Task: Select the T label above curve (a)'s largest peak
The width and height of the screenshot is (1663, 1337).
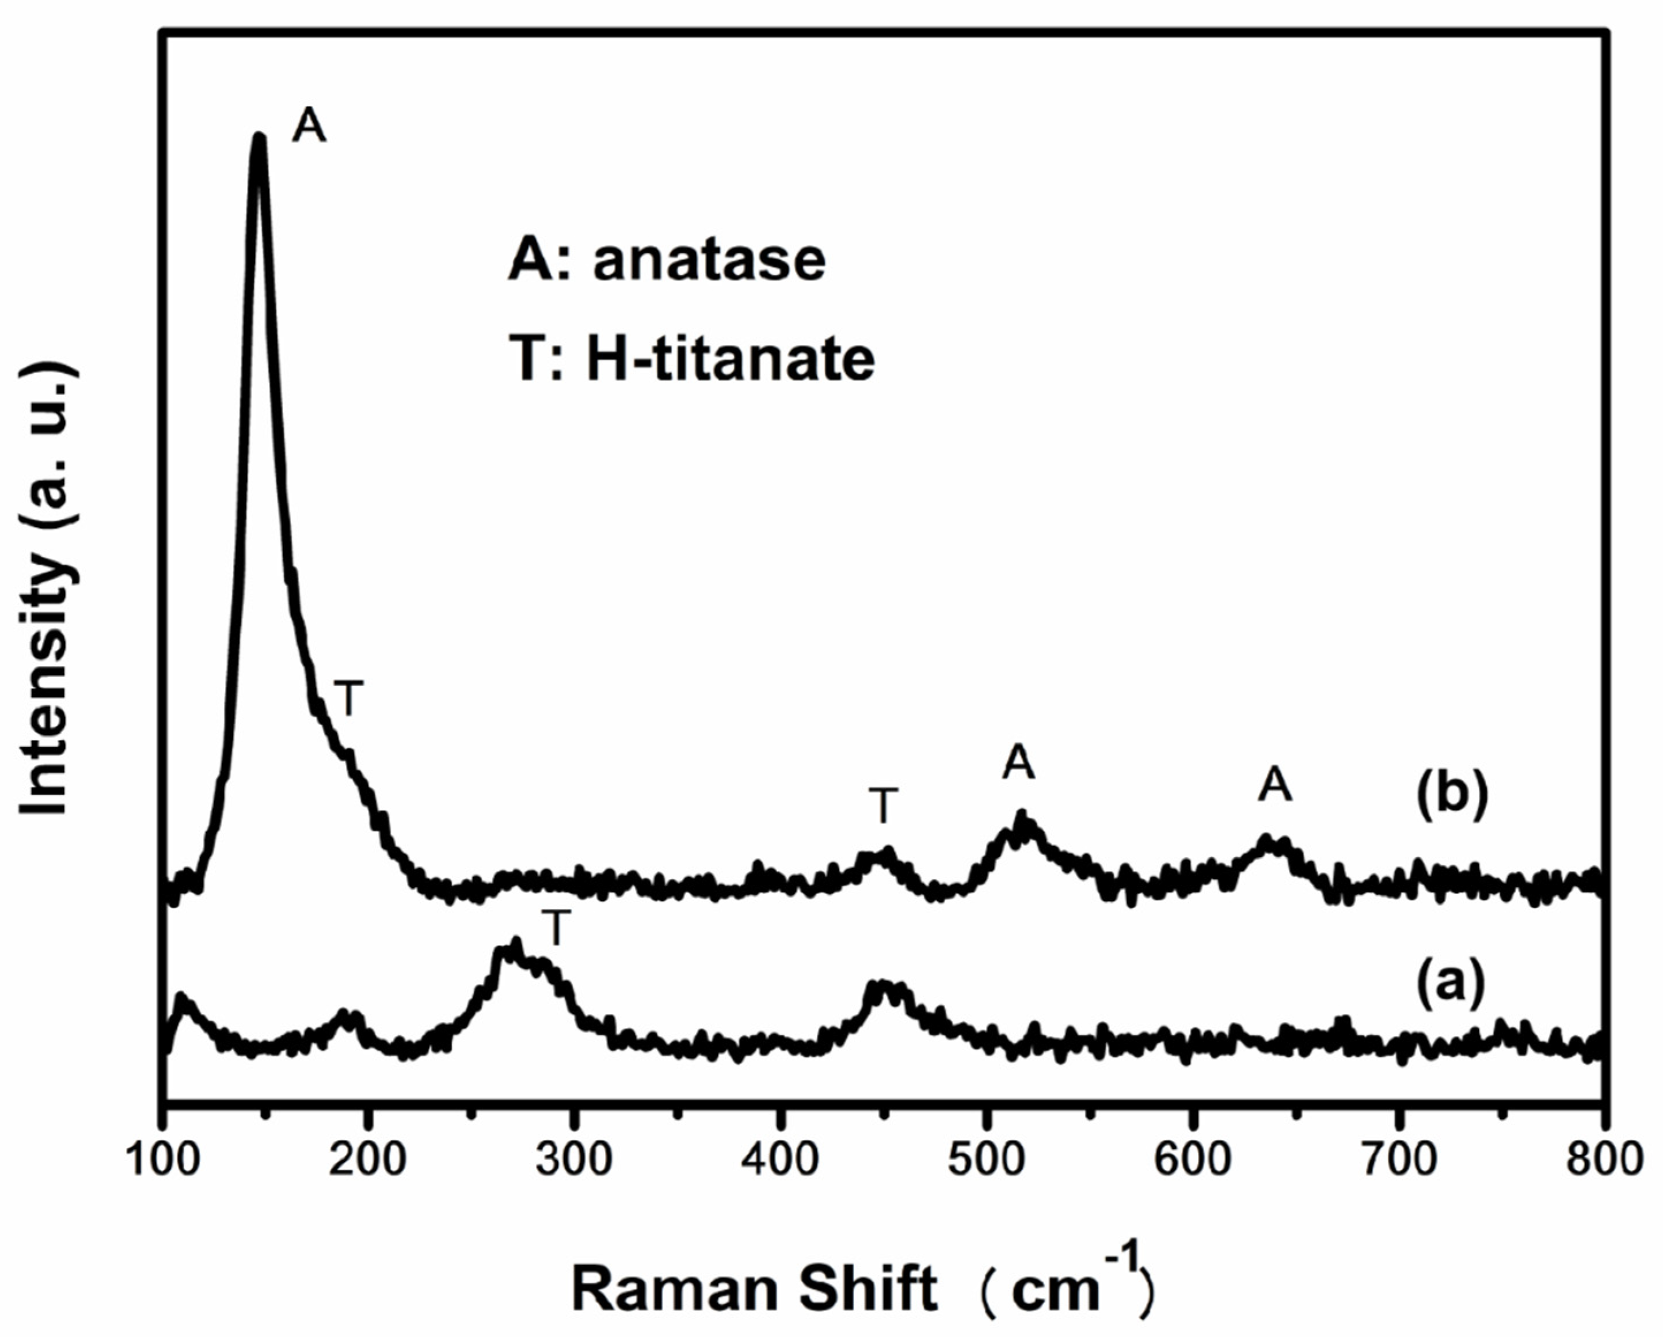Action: click(556, 928)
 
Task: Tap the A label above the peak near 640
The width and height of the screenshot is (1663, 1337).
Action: click(1274, 785)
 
